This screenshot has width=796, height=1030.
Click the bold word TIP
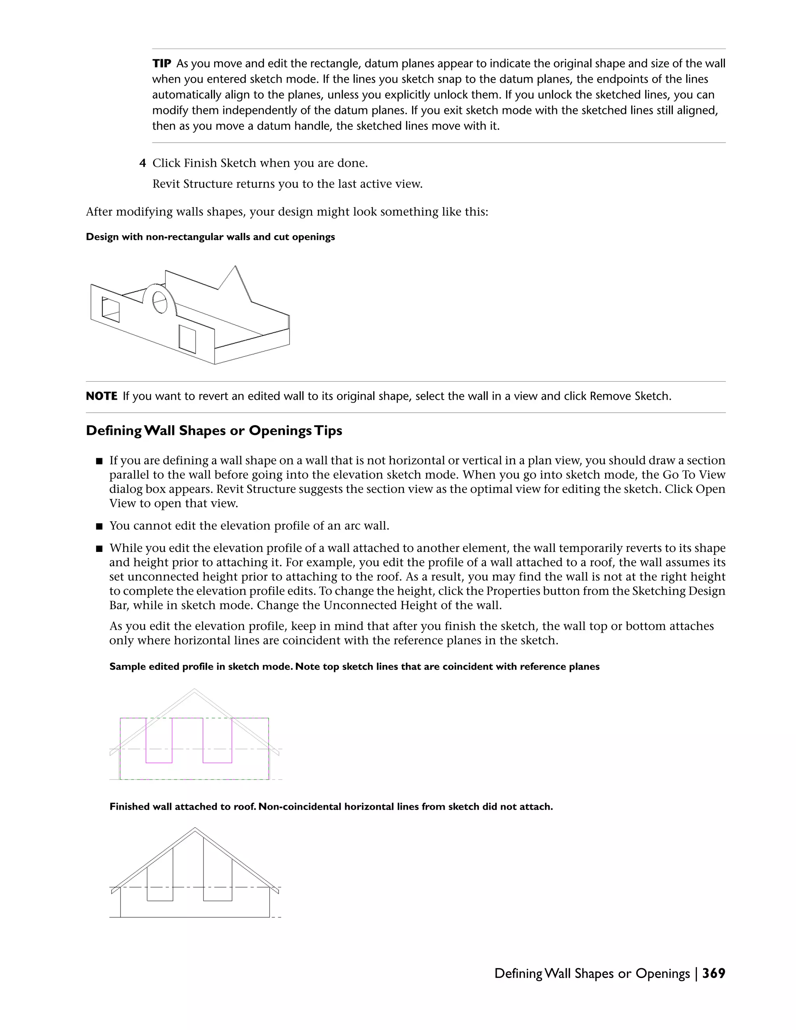click(162, 64)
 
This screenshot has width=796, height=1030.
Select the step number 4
click(142, 164)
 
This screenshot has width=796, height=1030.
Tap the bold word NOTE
click(101, 396)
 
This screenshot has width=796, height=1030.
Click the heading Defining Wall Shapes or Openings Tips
click(214, 431)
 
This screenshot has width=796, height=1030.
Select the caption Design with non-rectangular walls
click(210, 237)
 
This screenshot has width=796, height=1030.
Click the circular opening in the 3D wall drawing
click(159, 302)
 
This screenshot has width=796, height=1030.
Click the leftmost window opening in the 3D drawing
click(111, 309)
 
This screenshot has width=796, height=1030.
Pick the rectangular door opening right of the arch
click(187, 339)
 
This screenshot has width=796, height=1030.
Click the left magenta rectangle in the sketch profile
click(159, 740)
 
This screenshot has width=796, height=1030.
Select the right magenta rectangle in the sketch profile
click(217, 740)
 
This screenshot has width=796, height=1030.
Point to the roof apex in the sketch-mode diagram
click(194, 690)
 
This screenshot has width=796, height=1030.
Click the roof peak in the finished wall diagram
click(195, 829)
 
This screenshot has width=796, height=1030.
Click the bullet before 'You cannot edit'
click(99, 526)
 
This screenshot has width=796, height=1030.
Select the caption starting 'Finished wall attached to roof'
click(331, 807)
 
